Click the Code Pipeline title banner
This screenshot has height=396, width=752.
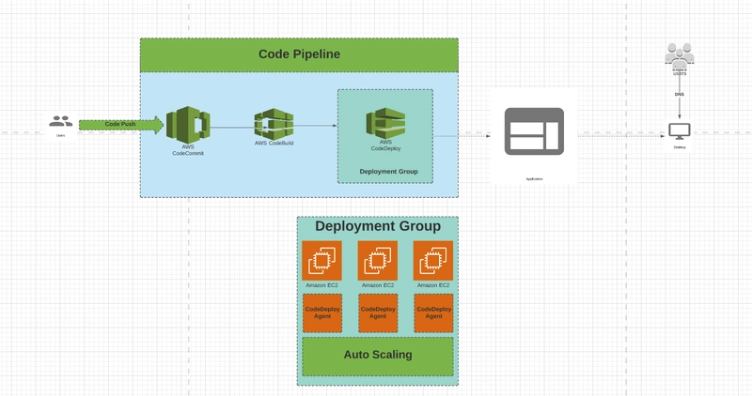pos(299,54)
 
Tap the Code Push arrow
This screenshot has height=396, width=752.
pos(120,124)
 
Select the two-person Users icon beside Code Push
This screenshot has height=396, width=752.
pos(61,121)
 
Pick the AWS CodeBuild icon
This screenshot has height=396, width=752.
pos(274,123)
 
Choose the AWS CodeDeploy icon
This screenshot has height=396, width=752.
pos(385,123)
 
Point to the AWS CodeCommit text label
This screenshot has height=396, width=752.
pos(187,149)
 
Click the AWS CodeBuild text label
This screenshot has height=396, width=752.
pos(274,143)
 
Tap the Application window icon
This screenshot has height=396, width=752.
pos(534,131)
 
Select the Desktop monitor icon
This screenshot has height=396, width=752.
pos(680,131)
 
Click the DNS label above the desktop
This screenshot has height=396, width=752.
pos(680,94)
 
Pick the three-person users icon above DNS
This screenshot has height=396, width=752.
pos(680,54)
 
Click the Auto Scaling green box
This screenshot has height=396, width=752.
pos(377,356)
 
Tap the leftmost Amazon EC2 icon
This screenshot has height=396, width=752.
pos(321,260)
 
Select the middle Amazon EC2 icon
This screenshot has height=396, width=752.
pos(377,260)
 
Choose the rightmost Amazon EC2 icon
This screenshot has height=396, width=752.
pos(433,260)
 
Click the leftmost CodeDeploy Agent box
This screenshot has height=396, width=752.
pos(321,312)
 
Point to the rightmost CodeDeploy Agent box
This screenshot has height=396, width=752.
pos(433,312)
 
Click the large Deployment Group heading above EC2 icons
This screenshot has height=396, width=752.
pos(377,226)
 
